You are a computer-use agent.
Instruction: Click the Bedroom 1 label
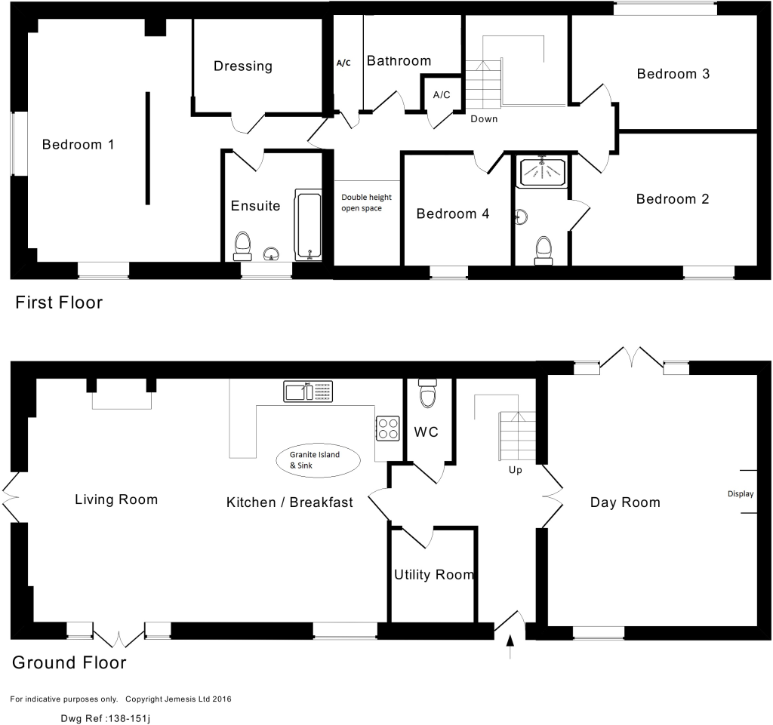coord(78,144)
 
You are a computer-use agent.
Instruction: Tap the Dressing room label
coord(243,66)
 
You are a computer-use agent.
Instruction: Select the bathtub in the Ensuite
coord(308,225)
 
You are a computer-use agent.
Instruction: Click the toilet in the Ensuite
coord(242,246)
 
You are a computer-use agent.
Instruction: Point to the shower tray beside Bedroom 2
coord(542,171)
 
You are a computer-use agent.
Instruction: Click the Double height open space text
coord(366,202)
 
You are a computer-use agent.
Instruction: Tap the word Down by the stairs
coord(484,118)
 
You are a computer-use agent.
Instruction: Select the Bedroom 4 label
coord(453,214)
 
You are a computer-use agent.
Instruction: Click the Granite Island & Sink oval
coord(318,460)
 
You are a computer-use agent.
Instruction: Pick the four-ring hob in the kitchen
coord(388,429)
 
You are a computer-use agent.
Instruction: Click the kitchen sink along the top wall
coord(308,391)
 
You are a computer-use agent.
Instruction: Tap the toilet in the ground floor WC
coord(427,393)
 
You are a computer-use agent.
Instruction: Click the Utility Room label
coord(434,575)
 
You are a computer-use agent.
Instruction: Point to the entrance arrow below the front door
coord(510,647)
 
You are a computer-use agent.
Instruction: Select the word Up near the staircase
coord(515,470)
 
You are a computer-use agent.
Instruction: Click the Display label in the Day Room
coord(741,494)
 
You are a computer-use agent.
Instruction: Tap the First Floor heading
coord(59,303)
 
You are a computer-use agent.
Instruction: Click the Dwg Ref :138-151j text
coord(105,719)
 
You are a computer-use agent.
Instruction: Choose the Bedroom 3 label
coord(673,74)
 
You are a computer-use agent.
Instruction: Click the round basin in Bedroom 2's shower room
coord(521,217)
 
